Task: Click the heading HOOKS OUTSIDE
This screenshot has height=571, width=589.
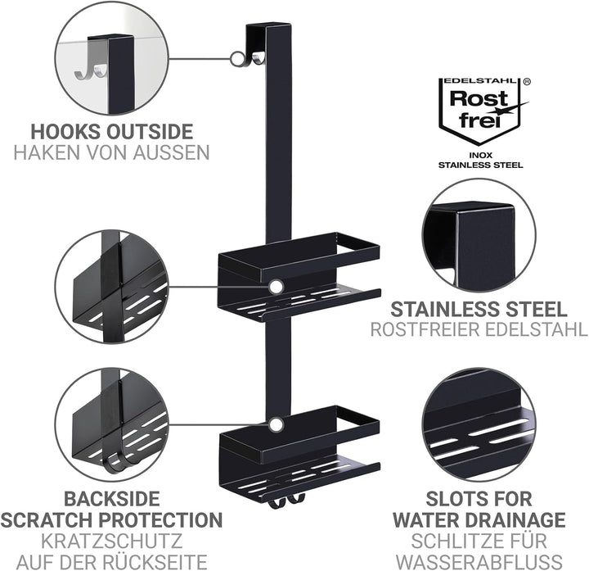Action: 111,132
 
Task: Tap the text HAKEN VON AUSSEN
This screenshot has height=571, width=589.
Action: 111,152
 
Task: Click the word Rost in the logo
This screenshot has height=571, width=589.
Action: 479,98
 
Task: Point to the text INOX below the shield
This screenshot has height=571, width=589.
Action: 481,155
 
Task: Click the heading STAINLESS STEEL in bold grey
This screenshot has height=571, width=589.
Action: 479,309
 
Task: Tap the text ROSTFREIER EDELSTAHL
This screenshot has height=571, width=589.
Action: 479,329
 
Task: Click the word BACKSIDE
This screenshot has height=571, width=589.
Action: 111,499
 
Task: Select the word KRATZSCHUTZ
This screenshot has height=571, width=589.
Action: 111,541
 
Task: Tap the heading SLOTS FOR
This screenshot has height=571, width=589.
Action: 479,499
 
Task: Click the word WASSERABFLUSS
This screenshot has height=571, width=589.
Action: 479,562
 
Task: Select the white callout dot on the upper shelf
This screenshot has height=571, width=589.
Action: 277,287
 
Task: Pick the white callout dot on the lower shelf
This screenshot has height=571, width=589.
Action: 277,424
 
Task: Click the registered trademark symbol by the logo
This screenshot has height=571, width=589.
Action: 527,82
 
